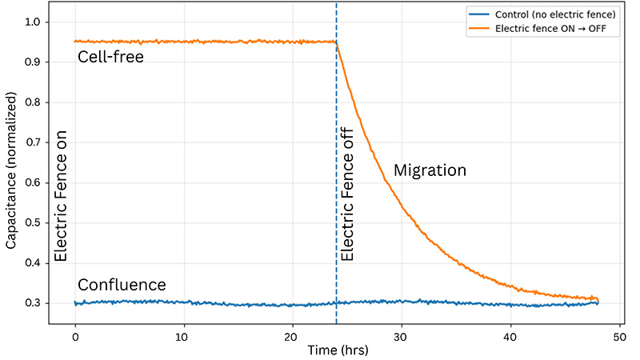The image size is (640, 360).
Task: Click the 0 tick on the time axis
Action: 75,337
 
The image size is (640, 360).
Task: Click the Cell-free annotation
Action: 110,57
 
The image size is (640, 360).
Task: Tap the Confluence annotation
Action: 122,286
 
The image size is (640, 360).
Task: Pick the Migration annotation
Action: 429,170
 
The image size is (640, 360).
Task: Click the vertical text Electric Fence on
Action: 60,198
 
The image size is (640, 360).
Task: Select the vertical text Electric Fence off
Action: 347,198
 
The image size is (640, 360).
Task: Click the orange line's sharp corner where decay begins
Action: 337,42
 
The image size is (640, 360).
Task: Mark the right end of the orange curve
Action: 598,301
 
